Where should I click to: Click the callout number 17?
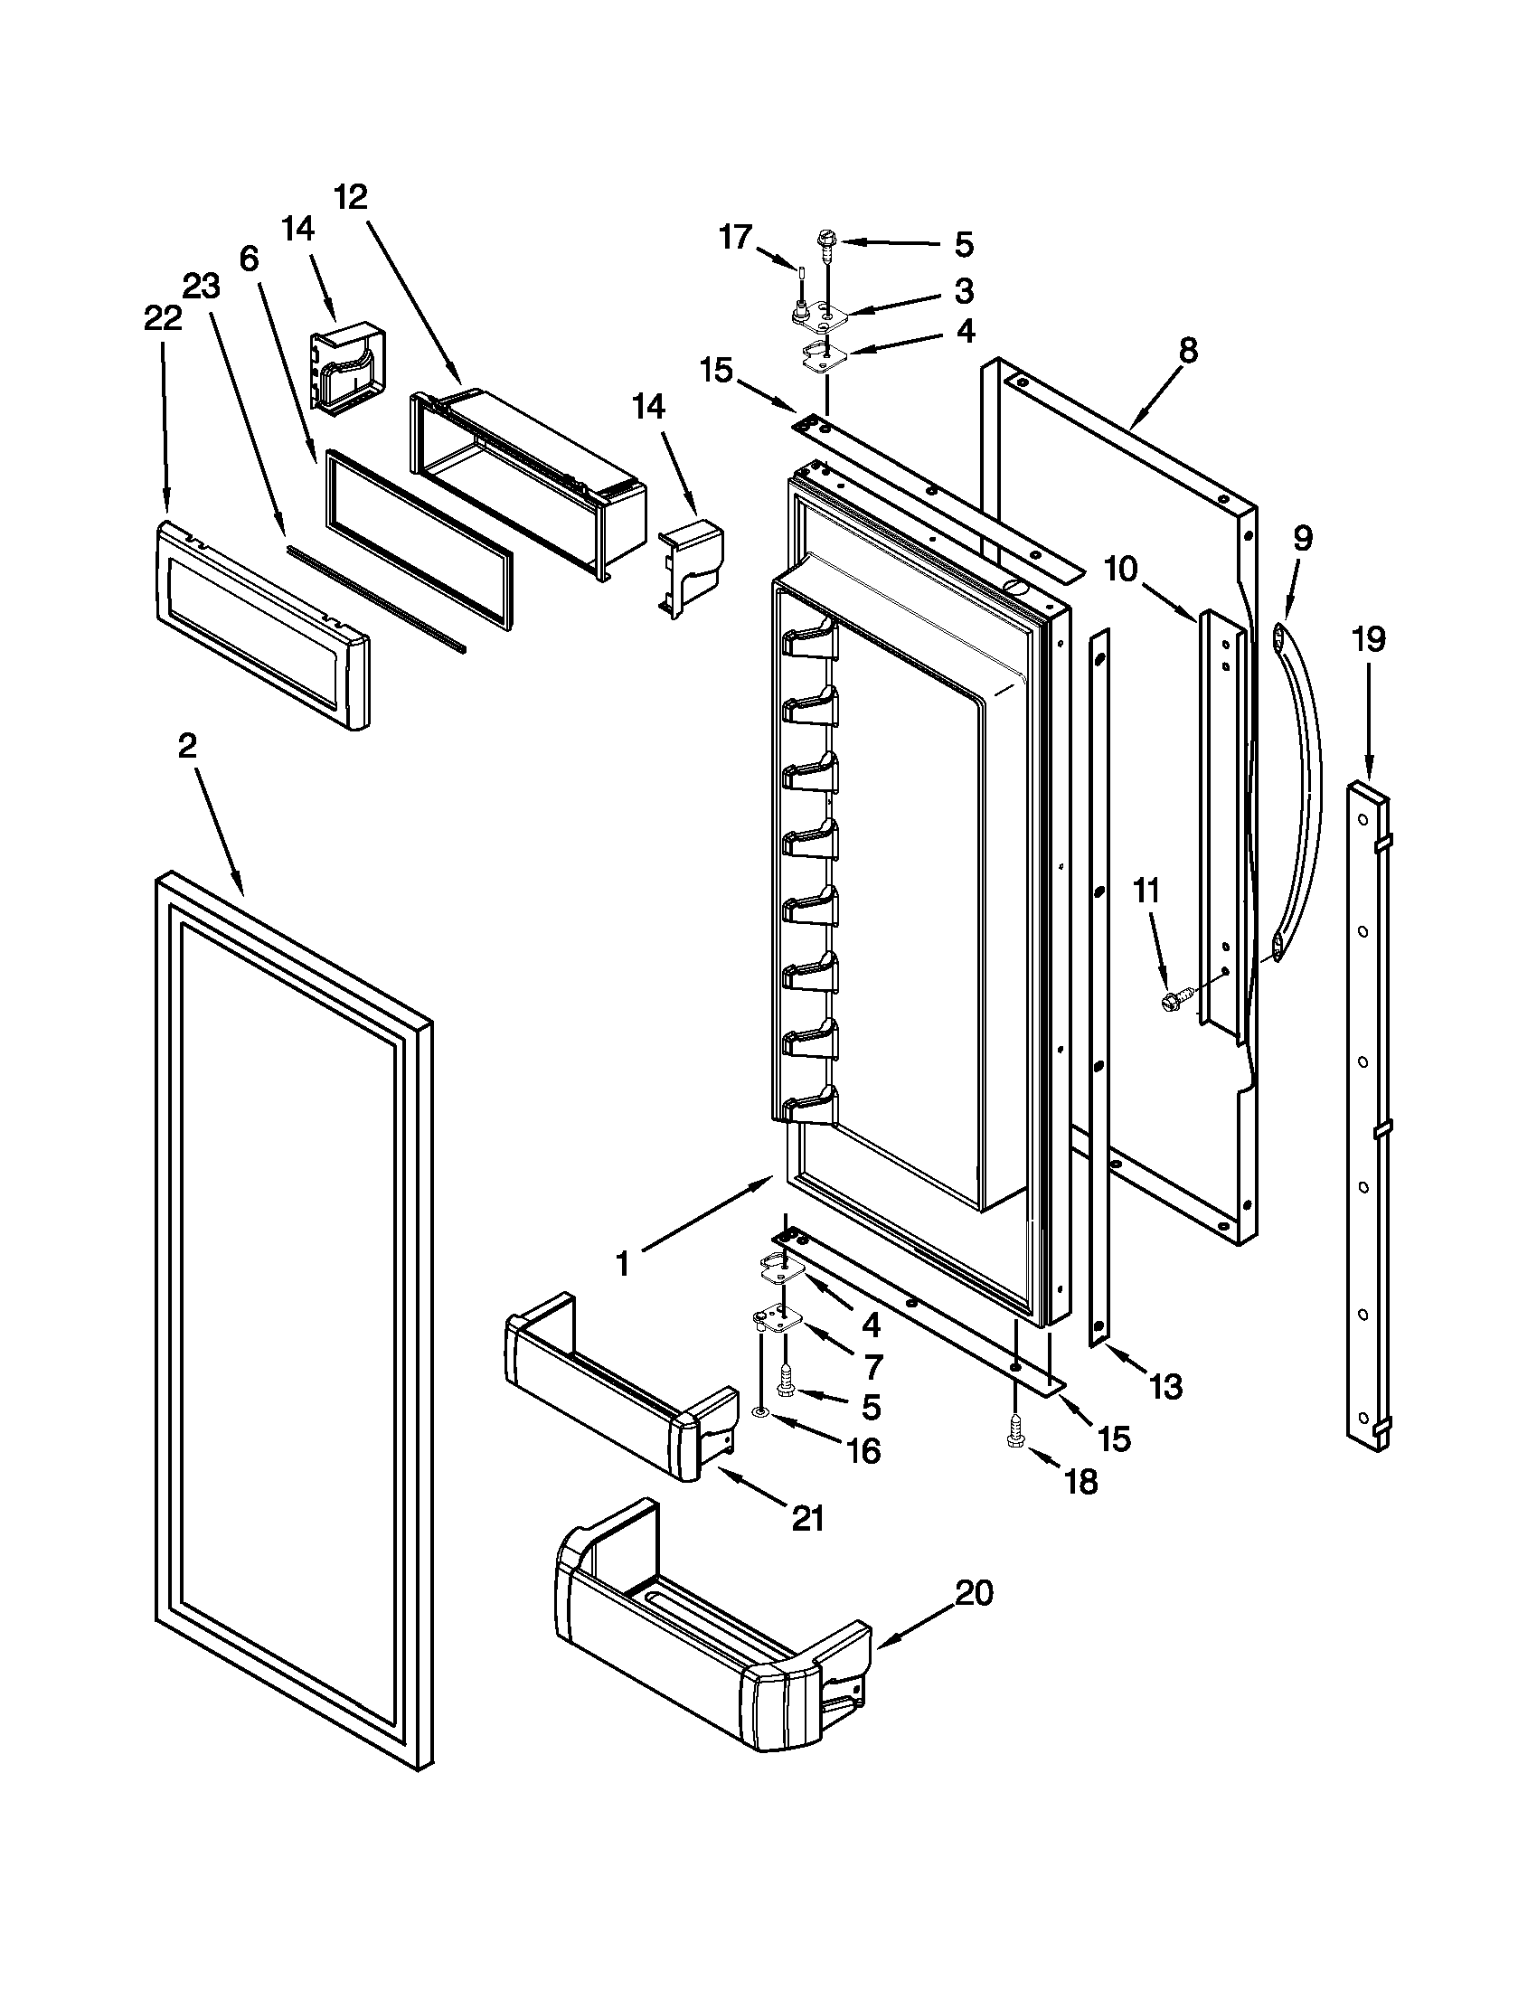pos(735,238)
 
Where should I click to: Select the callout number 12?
pos(350,196)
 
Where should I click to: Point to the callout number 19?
pos(1368,639)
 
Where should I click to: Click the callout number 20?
pos(974,1594)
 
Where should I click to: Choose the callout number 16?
pos(863,1451)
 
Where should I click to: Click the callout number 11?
pos(1146,891)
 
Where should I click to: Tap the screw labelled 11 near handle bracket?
pos(1171,1003)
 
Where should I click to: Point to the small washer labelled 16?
pos(759,1413)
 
